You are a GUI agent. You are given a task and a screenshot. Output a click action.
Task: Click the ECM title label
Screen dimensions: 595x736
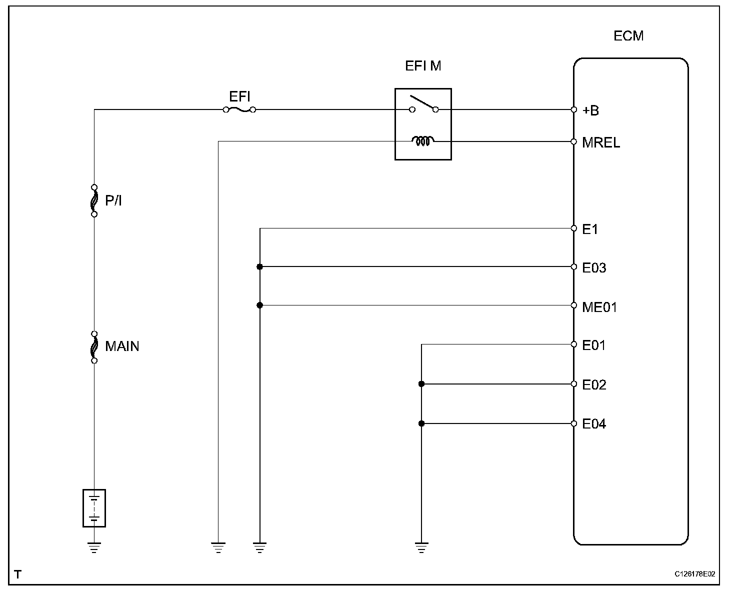tap(628, 36)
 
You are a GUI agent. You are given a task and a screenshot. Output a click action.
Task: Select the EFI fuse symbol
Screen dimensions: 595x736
tap(239, 109)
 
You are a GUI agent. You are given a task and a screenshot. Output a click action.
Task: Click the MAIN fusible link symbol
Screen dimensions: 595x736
tap(94, 346)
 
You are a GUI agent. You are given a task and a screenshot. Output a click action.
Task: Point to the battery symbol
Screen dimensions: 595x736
tap(94, 508)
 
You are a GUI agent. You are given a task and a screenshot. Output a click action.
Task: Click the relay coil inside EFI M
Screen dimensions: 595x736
tap(423, 141)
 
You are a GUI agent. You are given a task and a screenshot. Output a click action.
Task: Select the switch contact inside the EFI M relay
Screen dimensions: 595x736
tap(423, 105)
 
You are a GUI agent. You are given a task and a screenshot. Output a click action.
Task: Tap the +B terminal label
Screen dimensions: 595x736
tap(590, 110)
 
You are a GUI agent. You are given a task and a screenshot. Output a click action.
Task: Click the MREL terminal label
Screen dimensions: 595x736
tap(601, 143)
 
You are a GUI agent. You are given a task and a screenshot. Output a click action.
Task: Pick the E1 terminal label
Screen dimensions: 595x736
tap(590, 229)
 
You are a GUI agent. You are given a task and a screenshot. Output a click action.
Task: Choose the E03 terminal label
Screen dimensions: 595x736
tap(594, 268)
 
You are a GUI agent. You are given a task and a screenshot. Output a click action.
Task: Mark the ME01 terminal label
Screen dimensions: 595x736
tap(599, 306)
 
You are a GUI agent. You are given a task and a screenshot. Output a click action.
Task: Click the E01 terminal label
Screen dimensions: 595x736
tap(594, 345)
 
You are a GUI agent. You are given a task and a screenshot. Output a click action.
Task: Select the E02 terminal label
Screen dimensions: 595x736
tap(594, 385)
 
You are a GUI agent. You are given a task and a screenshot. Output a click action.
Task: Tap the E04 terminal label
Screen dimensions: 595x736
tap(594, 424)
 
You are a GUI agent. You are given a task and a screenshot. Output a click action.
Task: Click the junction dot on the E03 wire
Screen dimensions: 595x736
tap(259, 266)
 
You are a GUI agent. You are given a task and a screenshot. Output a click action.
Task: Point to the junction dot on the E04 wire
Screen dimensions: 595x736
tap(421, 423)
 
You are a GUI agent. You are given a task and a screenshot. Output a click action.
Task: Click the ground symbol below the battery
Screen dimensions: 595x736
tap(94, 547)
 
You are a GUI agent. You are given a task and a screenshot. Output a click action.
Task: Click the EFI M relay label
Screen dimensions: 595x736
tap(423, 66)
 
